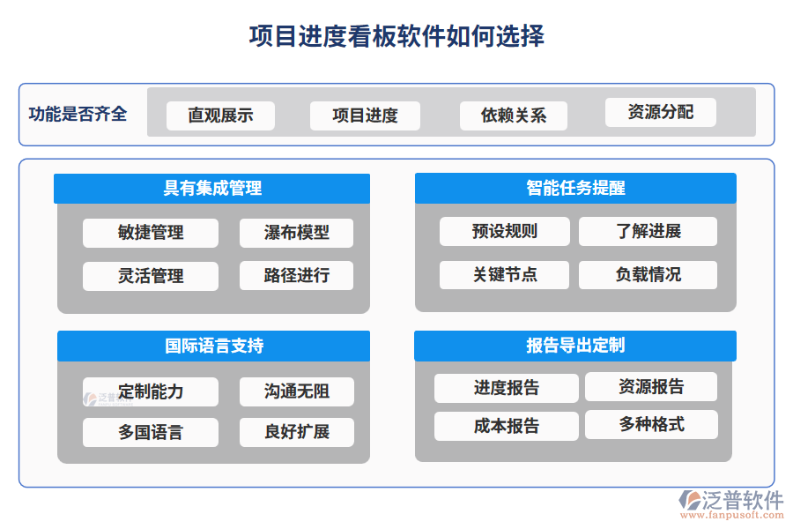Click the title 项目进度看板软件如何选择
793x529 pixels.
point(396,36)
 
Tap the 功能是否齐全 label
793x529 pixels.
point(78,114)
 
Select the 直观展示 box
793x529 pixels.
point(220,115)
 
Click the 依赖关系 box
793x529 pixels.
point(513,115)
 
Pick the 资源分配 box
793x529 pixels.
point(660,112)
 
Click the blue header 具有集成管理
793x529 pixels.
point(211,188)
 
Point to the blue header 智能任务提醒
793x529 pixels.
point(575,188)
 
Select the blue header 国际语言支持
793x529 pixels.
point(213,346)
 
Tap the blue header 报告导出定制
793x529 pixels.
point(575,346)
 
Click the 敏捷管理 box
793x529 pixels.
point(151,233)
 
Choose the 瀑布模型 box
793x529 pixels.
point(296,233)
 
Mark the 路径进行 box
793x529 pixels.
point(296,275)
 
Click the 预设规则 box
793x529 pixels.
point(505,231)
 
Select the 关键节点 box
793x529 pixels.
point(505,274)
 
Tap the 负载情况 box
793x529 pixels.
point(648,274)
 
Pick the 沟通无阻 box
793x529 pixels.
point(296,391)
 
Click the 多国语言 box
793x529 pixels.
point(151,432)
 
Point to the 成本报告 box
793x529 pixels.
point(507,426)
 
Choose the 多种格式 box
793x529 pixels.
point(651,424)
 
